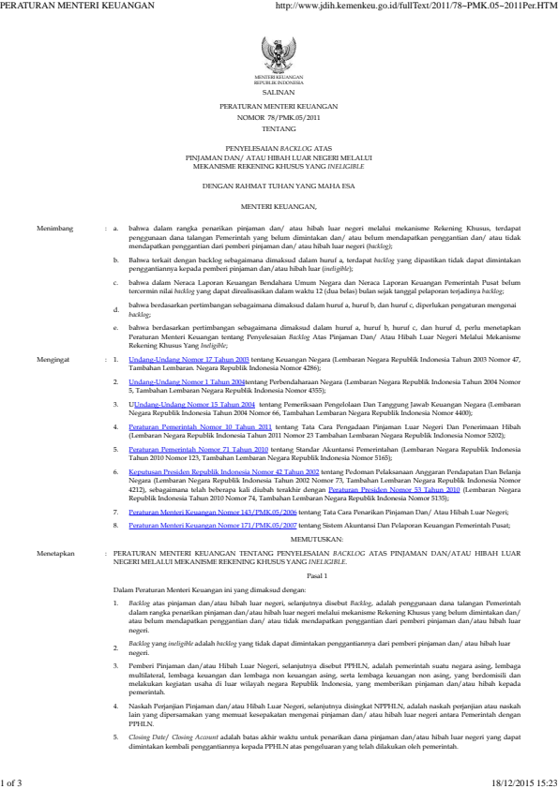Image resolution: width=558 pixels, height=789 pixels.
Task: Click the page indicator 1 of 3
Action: pos(15,781)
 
